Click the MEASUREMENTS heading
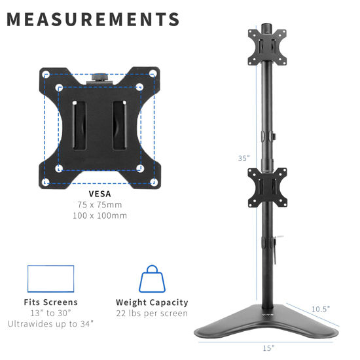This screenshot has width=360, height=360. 93,19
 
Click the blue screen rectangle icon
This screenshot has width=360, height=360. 51,278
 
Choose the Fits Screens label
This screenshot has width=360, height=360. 52,302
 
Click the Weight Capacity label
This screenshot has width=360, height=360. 152,302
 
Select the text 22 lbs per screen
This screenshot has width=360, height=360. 152,313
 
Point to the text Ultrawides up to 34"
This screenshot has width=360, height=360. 52,323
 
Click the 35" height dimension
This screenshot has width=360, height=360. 243,157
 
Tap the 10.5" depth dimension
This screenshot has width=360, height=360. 321,308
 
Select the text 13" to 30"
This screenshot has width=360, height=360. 52,313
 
